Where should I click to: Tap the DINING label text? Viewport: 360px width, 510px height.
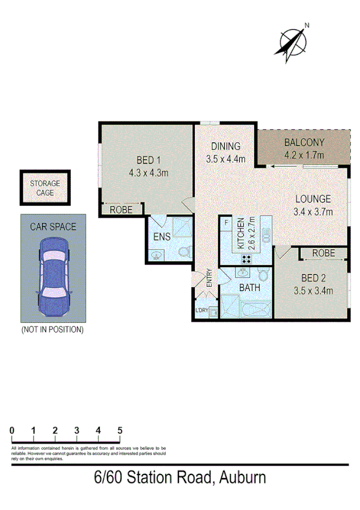click(x=226, y=146)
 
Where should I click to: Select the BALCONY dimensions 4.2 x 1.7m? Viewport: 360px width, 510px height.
click(x=304, y=155)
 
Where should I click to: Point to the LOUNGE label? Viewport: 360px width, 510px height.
click(x=312, y=198)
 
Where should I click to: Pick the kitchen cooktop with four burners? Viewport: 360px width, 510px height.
click(x=246, y=259)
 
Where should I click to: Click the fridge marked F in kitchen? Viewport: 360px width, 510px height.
click(x=226, y=224)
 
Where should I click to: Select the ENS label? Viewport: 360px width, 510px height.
click(x=162, y=236)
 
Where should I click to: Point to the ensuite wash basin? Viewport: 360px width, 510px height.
click(x=156, y=256)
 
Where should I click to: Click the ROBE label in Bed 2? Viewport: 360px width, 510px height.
click(x=323, y=253)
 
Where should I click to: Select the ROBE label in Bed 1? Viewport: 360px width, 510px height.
click(x=120, y=210)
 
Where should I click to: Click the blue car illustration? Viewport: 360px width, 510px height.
click(x=52, y=277)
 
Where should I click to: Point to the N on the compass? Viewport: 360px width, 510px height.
click(x=307, y=25)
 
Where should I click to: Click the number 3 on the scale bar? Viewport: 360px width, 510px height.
click(x=77, y=431)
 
